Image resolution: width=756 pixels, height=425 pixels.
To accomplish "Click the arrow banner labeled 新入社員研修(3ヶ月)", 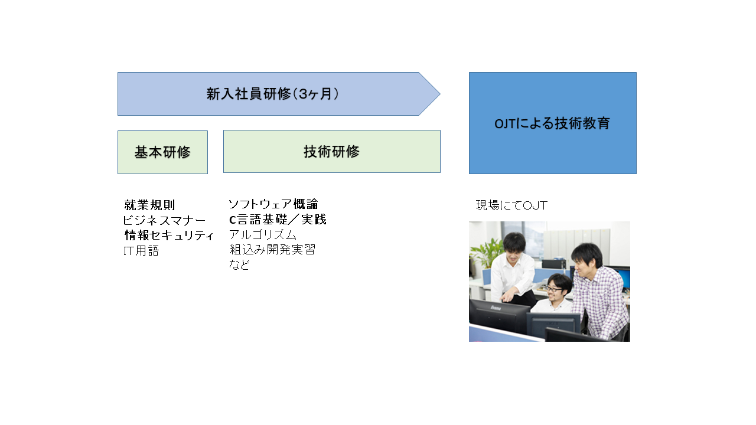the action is [x=279, y=94].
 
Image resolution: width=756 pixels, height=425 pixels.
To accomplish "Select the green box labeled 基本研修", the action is [x=162, y=152].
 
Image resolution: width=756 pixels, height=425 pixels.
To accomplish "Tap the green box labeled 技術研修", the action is [x=332, y=152].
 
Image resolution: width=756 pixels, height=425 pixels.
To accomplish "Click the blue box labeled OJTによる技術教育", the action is [x=552, y=123].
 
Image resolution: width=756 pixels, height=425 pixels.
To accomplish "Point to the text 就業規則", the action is [x=149, y=205].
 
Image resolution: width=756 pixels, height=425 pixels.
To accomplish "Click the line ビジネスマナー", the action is [x=164, y=220].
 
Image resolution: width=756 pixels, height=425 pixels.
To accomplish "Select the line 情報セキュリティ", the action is [x=169, y=235].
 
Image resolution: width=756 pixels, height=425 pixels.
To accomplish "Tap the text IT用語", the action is [x=141, y=251].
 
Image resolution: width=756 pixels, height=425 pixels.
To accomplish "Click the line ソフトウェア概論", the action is [x=273, y=204].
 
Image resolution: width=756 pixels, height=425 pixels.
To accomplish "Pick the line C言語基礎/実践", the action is [x=278, y=220].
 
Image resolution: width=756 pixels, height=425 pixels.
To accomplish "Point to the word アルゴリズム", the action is [x=263, y=234].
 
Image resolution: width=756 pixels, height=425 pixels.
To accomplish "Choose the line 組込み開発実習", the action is [x=272, y=250].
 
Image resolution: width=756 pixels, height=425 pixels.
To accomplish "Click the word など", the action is [x=239, y=264].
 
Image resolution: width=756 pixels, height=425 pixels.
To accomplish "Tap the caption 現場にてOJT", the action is [x=511, y=205].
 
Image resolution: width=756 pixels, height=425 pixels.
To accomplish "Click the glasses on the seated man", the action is [x=553, y=289].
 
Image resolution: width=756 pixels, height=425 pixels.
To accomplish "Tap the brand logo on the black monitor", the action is [x=496, y=308].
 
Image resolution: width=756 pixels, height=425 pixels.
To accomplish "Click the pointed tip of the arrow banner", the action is [x=440, y=94].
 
